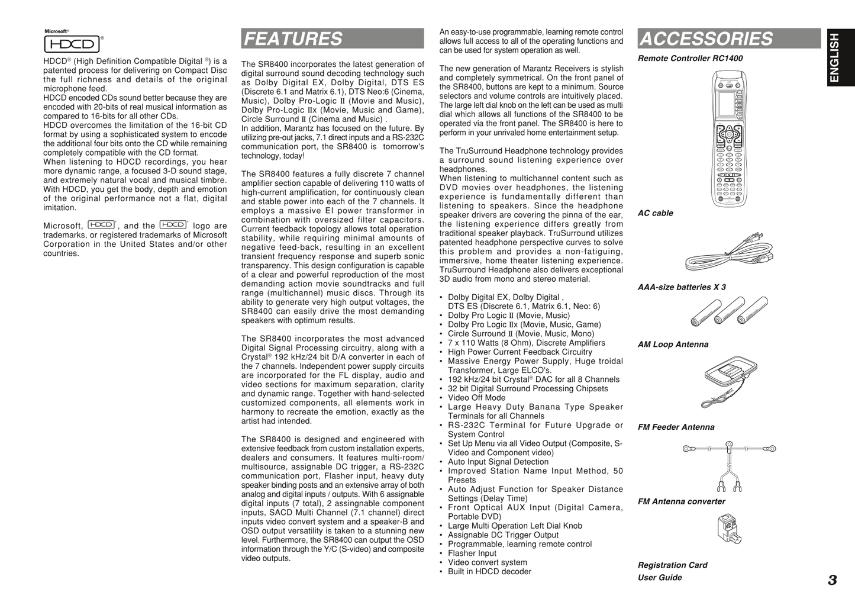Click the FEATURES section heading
[x=293, y=39]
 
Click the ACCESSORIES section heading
[x=706, y=39]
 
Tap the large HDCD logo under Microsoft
[x=72, y=44]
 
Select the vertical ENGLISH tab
[x=834, y=57]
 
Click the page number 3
[x=833, y=580]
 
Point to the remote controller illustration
[x=730, y=138]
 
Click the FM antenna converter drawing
[x=728, y=529]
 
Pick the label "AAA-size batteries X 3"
[x=682, y=288]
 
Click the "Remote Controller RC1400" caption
[x=690, y=59]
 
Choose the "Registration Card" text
[x=672, y=565]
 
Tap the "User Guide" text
[x=660, y=578]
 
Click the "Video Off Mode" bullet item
[x=476, y=398]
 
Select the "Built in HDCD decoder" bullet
[x=489, y=572]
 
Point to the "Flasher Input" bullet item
[x=472, y=553]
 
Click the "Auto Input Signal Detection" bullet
[x=498, y=462]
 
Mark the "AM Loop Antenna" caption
[x=673, y=345]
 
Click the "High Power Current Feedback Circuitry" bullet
[x=520, y=352]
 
